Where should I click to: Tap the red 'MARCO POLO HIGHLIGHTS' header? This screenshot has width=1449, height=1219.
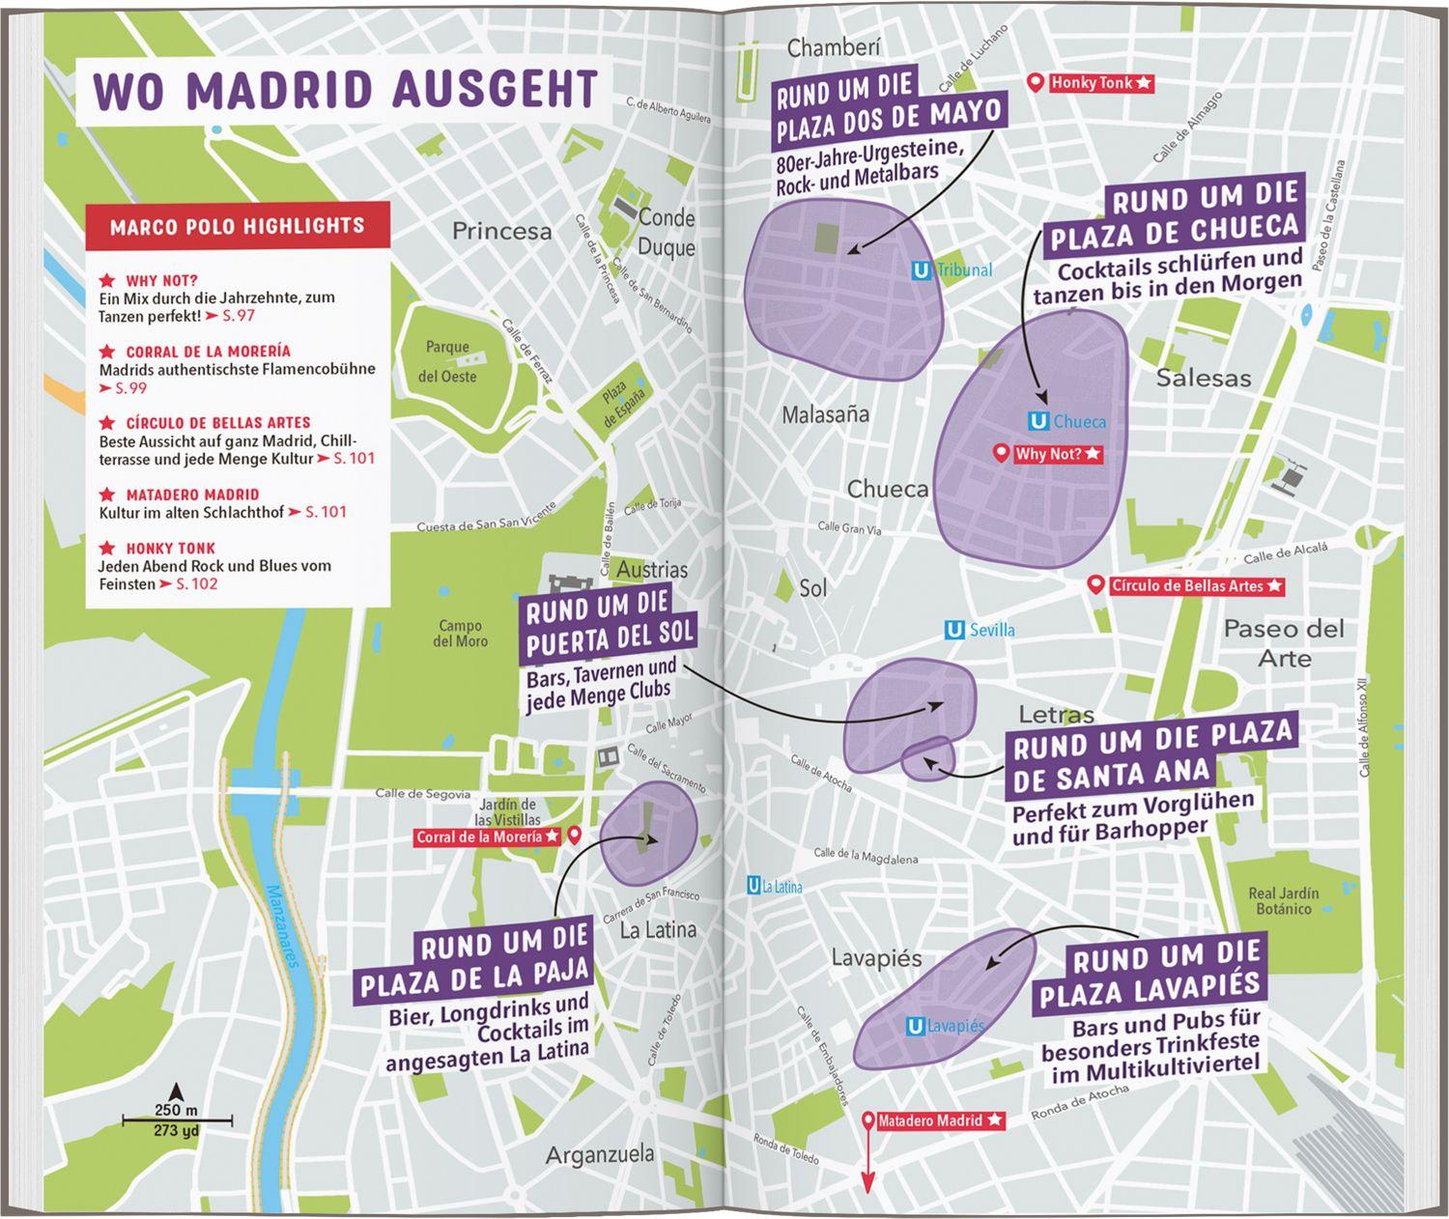coord(238,226)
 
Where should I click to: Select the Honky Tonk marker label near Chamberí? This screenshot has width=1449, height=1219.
coord(1100,83)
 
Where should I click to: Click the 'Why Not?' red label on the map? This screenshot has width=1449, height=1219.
coord(1057,454)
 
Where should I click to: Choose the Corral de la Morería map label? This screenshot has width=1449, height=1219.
coord(487,836)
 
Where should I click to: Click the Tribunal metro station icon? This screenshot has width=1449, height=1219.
coord(921,271)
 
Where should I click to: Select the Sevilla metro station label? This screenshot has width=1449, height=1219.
coord(991,631)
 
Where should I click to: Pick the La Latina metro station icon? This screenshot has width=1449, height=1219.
coord(753,885)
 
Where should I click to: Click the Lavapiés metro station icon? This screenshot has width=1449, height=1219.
coord(915,1027)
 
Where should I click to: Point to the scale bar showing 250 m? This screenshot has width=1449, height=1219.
coord(177,1120)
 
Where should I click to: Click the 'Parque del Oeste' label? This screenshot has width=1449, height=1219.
coord(448,361)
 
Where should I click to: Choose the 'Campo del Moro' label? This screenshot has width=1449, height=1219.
coord(461,634)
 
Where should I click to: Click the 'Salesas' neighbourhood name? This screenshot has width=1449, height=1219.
coord(1203,378)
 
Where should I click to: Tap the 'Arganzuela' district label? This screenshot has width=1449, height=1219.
coord(599,1153)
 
